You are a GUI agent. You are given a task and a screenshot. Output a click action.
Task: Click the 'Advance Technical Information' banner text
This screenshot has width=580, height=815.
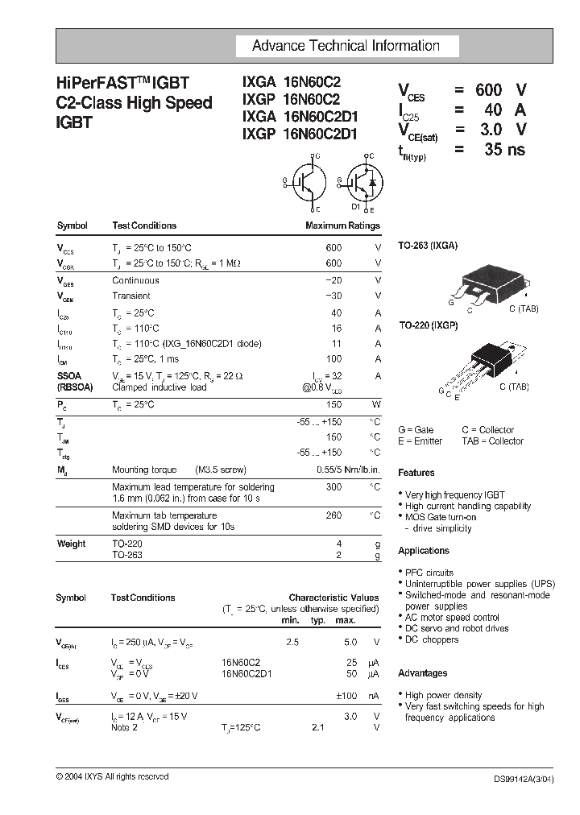point(346,46)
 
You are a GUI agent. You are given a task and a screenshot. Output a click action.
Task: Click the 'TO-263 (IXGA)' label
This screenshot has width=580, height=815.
point(428,246)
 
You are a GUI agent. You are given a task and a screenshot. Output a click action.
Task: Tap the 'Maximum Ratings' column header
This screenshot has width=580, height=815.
point(342,226)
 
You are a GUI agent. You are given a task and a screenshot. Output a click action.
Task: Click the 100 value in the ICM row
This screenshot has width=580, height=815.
point(333,359)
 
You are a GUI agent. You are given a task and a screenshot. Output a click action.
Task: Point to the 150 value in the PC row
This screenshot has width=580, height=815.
point(333,405)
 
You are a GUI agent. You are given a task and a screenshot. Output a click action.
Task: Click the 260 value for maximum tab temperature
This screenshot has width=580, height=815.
point(333,515)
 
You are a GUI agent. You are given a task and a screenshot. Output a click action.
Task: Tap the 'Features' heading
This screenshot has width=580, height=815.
point(416,473)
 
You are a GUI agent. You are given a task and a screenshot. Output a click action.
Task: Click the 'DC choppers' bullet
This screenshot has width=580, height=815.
point(432,639)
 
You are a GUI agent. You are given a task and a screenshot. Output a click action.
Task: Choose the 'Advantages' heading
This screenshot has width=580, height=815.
point(423,673)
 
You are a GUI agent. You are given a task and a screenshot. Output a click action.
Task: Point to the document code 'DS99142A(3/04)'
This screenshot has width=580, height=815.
point(524,779)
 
